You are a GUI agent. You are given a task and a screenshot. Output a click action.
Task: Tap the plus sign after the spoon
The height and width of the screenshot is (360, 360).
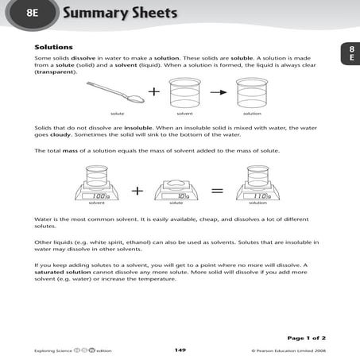153,93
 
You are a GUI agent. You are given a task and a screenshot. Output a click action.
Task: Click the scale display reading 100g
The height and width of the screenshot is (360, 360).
100,195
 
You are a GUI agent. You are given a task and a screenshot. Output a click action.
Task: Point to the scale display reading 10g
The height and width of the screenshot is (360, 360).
182,195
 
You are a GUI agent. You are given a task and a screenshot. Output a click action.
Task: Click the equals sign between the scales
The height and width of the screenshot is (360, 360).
217,191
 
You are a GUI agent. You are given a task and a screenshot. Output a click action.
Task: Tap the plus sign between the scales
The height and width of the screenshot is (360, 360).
137,191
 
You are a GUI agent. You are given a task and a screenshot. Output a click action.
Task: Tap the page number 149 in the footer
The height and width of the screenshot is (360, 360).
180,350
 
